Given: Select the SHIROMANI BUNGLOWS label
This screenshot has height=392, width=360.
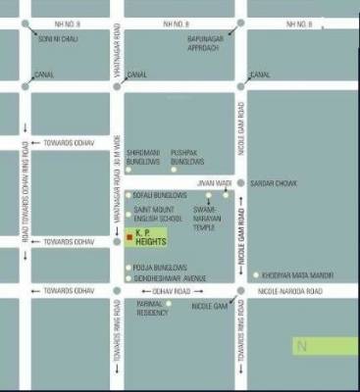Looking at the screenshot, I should (142, 156).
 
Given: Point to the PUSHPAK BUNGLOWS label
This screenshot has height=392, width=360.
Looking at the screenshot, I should (187, 156).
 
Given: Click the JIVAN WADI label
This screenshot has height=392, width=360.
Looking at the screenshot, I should (214, 183).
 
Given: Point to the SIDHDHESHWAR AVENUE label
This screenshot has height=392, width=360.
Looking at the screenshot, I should (169, 278).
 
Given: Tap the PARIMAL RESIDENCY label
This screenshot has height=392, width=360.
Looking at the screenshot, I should (152, 309).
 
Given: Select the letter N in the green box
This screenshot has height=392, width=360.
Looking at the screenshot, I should (303, 346).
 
